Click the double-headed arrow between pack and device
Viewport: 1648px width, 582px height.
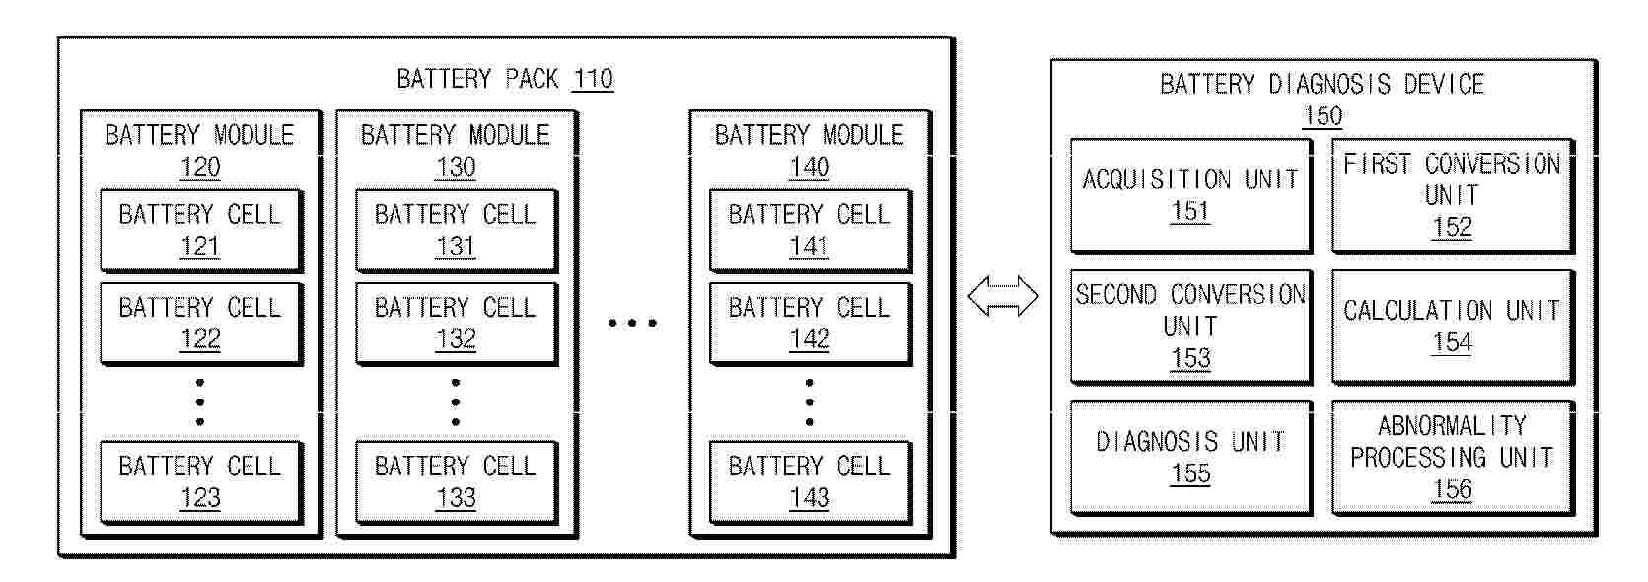[x=1003, y=296]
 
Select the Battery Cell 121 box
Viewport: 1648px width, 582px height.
[x=201, y=231]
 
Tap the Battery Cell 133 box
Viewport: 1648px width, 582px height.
[x=457, y=482]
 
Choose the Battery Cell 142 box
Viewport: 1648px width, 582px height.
[x=810, y=324]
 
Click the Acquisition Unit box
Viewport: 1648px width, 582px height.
[x=1190, y=195]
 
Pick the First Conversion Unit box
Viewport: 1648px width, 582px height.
[x=1453, y=195]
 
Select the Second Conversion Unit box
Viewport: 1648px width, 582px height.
[x=1190, y=327]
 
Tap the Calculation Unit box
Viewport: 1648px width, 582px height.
[x=1453, y=327]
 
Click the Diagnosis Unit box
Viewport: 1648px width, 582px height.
[x=1190, y=458]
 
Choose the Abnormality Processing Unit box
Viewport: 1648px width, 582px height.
[x=1453, y=458]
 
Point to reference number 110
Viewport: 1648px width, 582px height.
[x=593, y=79]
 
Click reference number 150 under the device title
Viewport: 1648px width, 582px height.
[x=1323, y=115]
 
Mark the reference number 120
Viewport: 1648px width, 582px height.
[x=200, y=167]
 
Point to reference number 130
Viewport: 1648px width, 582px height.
[x=457, y=167]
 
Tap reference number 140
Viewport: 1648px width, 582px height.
[x=810, y=167]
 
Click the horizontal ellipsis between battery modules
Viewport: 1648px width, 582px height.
[x=633, y=323]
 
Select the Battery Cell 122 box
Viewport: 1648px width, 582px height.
[x=201, y=324]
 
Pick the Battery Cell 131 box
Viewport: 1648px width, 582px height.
[x=457, y=231]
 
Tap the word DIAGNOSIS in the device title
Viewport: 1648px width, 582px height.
[x=1330, y=84]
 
